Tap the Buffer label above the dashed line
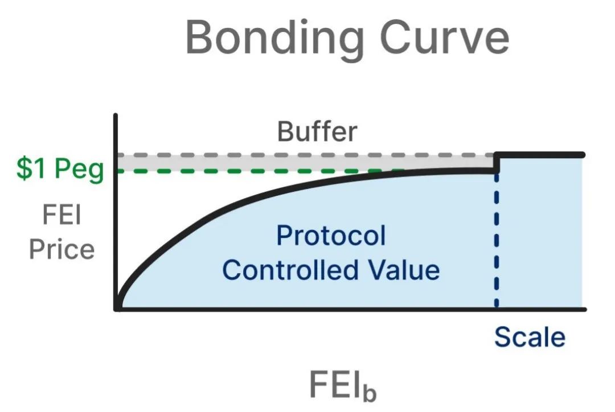pyautogui.click(x=317, y=131)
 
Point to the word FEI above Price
pyautogui.click(x=61, y=217)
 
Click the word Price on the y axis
pyautogui.click(x=61, y=249)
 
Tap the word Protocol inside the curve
pyautogui.click(x=330, y=236)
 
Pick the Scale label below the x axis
pyautogui.click(x=530, y=337)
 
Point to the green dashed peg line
pyautogui.click(x=256, y=170)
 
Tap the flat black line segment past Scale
pyautogui.click(x=541, y=155)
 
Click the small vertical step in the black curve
pyautogui.click(x=497, y=163)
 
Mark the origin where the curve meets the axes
pyautogui.click(x=117, y=308)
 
